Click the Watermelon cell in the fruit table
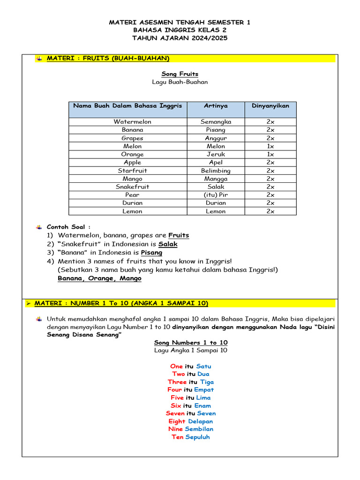[132, 121]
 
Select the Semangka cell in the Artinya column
[216, 121]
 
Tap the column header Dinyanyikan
[270, 106]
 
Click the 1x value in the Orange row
[270, 154]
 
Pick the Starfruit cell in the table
[132, 171]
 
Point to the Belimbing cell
[216, 171]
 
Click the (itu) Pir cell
[216, 195]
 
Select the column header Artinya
[216, 106]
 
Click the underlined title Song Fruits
[180, 74]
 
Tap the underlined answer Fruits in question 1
[179, 235]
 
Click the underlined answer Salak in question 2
[168, 244]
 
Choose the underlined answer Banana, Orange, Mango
[99, 278]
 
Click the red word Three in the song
[177, 382]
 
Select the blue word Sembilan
[199, 429]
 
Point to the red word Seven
[175, 413]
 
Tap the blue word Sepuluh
[197, 437]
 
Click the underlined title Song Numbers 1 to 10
[191, 343]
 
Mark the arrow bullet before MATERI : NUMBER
[28, 304]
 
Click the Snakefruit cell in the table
[132, 187]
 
